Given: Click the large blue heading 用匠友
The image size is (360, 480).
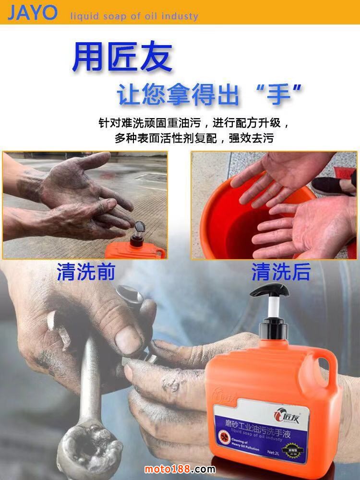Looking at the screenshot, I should tap(122, 58).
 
